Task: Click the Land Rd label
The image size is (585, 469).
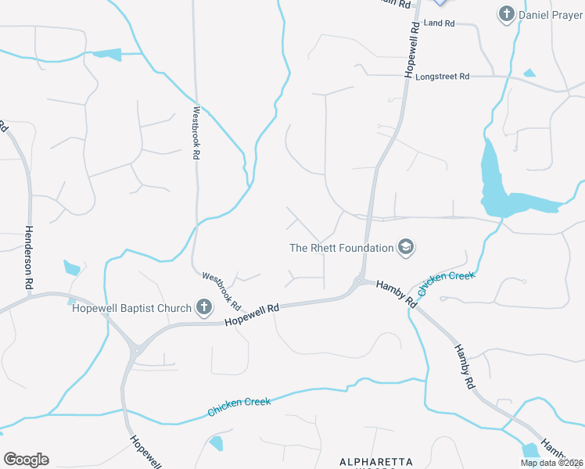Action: pos(439,24)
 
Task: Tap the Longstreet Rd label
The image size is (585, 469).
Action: pos(443,77)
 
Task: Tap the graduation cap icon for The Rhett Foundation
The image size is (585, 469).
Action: pos(406,248)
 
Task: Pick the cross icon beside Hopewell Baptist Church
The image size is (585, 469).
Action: pos(204,307)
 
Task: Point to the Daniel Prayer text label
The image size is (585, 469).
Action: pos(551,14)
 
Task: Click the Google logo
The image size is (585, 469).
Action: pos(26,460)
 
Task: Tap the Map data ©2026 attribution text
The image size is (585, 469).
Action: pos(551,463)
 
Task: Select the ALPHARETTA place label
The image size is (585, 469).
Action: pos(375,463)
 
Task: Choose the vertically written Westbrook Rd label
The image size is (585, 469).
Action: pos(197,133)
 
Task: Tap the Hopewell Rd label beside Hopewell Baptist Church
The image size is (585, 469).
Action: pos(252,316)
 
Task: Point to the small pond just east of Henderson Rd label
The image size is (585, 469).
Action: pos(72,269)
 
